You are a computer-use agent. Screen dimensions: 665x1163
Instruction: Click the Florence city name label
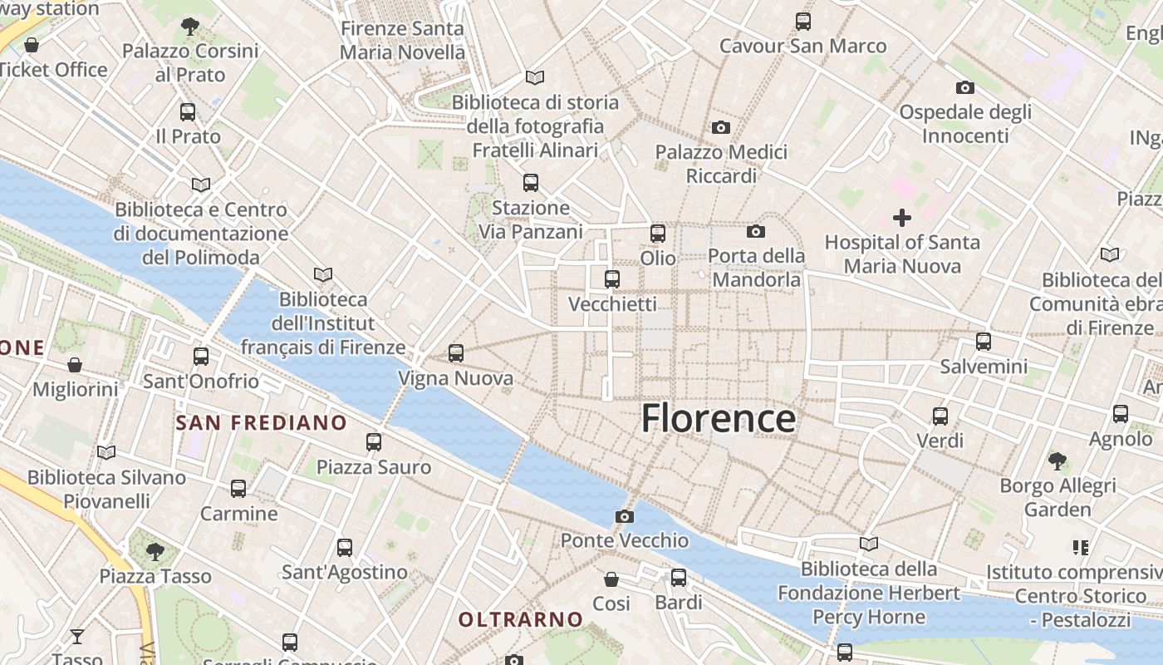(719, 418)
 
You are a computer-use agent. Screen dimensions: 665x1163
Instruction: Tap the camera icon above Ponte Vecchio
(625, 516)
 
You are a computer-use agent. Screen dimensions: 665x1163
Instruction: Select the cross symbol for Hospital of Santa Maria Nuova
(901, 218)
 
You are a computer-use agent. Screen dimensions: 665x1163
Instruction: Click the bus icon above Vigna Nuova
(455, 353)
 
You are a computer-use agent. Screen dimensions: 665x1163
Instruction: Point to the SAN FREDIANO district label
(261, 422)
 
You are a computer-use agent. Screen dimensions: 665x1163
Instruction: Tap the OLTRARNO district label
(521, 619)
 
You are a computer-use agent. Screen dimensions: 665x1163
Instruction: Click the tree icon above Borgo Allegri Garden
(1057, 460)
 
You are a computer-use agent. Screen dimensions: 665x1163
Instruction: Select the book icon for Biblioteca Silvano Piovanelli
(106, 452)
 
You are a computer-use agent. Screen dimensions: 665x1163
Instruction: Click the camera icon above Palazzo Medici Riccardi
(720, 127)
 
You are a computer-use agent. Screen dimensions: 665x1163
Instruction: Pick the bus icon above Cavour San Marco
(802, 22)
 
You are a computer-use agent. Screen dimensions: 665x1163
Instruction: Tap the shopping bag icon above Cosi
(611, 579)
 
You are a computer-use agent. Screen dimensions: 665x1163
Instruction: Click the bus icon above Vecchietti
(612, 279)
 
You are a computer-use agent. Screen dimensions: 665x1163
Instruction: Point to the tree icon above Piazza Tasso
(155, 551)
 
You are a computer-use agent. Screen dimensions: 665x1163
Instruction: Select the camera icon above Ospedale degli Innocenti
(964, 87)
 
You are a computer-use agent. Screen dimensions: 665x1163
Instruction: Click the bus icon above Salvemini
(984, 341)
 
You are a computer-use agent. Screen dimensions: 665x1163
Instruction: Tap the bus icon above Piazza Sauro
(374, 442)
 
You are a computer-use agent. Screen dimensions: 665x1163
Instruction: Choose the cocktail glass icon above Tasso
(77, 637)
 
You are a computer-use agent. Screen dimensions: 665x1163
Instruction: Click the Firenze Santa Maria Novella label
(402, 40)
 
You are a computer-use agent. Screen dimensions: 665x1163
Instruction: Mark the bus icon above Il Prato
(188, 112)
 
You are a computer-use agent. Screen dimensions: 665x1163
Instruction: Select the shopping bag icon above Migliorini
(75, 364)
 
